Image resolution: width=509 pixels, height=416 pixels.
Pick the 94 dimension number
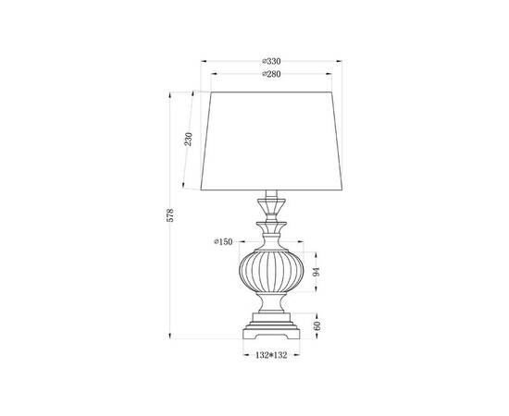pos(317,272)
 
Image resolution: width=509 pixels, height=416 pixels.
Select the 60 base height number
pos(317,324)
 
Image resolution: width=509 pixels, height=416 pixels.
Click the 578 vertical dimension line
pos(171,277)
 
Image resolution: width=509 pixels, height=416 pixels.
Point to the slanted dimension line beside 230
pos(197,139)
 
